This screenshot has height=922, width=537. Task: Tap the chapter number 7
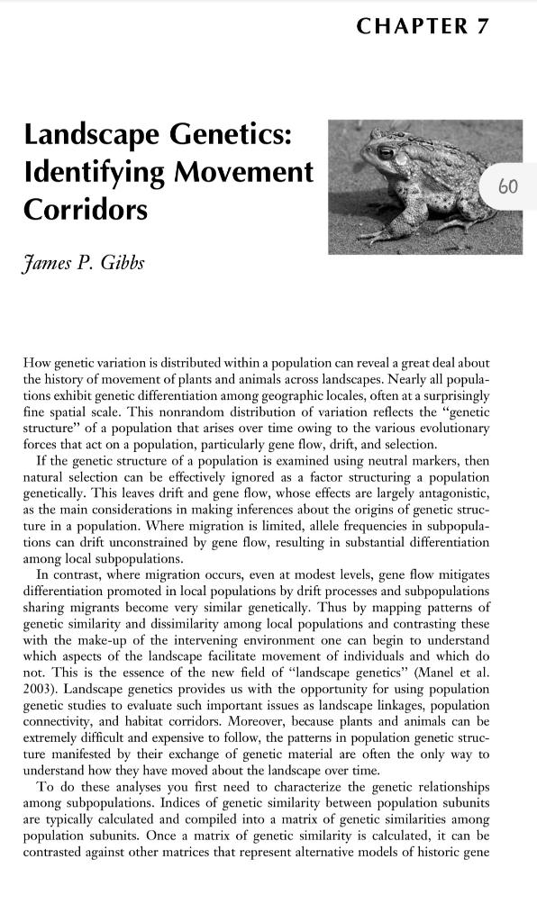tap(483, 26)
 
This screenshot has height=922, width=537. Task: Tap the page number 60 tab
tap(508, 186)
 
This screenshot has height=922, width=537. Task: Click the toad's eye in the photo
tap(387, 153)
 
